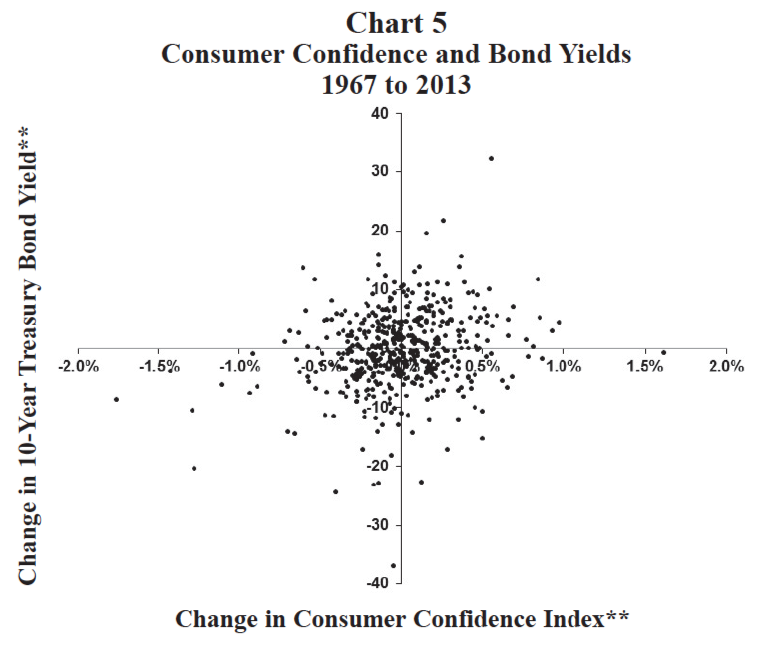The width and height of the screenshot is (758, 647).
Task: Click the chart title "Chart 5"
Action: pyautogui.click(x=396, y=23)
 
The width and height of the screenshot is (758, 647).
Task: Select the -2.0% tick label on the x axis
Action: pyautogui.click(x=78, y=367)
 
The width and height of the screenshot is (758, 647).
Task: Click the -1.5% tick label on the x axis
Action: pyautogui.click(x=158, y=367)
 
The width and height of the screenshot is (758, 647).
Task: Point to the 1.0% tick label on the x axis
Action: pyautogui.click(x=565, y=367)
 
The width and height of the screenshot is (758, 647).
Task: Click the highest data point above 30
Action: pyautogui.click(x=491, y=158)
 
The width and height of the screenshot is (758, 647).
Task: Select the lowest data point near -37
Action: pyautogui.click(x=393, y=566)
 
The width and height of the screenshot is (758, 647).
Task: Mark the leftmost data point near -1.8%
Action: pyautogui.click(x=116, y=399)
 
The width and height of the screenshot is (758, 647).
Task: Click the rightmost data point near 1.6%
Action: pyautogui.click(x=664, y=352)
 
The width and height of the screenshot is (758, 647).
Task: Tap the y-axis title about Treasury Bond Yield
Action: pyautogui.click(x=28, y=355)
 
